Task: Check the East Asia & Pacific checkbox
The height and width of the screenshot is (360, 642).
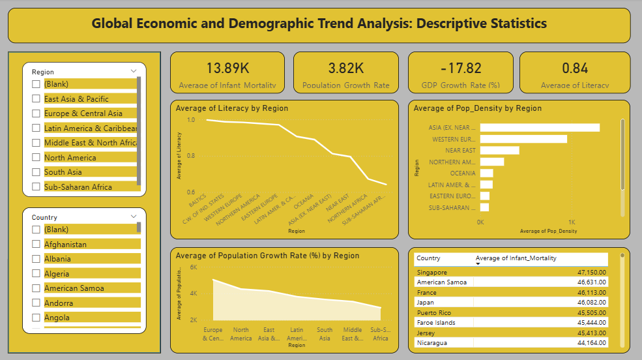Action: tap(36, 99)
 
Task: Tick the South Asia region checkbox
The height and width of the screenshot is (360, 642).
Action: tap(36, 172)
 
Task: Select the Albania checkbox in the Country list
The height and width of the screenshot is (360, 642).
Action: tap(36, 259)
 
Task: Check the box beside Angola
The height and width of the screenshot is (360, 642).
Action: tap(36, 318)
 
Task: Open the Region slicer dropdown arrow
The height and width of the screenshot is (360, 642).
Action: tap(134, 71)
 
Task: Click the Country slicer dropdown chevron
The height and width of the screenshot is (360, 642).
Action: tap(134, 217)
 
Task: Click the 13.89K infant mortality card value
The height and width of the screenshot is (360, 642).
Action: tap(227, 68)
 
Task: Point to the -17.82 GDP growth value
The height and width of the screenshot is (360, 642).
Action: tap(461, 68)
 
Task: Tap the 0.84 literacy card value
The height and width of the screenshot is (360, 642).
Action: tap(575, 68)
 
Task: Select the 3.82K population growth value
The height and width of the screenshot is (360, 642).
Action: tap(346, 68)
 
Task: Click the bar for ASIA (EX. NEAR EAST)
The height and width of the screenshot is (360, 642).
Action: tap(540, 127)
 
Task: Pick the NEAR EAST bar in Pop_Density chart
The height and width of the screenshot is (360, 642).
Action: tap(499, 150)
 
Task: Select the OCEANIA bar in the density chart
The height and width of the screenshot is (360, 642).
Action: tap(486, 173)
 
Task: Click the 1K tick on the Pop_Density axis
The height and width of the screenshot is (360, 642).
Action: tap(572, 222)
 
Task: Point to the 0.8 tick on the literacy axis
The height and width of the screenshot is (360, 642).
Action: tap(190, 156)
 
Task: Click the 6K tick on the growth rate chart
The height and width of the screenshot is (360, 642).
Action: tap(194, 267)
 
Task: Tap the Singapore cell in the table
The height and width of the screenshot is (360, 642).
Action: tap(431, 272)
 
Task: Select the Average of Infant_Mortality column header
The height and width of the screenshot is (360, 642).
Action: tap(516, 258)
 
